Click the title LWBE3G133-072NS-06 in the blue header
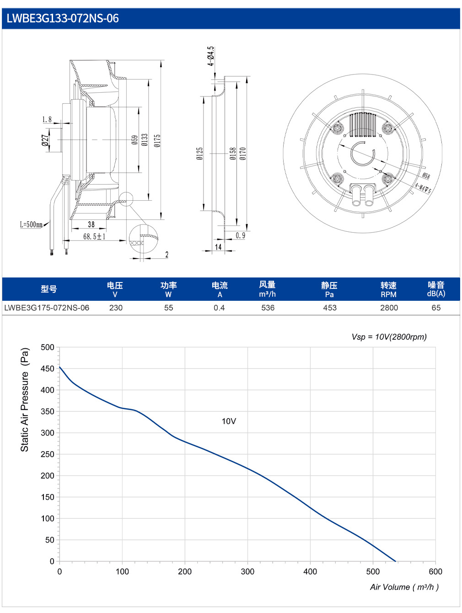[63, 18]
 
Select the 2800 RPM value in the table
[388, 308]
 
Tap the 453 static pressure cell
[330, 308]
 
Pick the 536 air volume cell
[268, 308]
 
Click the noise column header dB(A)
[436, 293]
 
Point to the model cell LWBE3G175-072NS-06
[47, 308]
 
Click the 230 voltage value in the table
[116, 308]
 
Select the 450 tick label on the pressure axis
[47, 368]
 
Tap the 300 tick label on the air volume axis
[247, 572]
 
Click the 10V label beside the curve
[229, 421]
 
